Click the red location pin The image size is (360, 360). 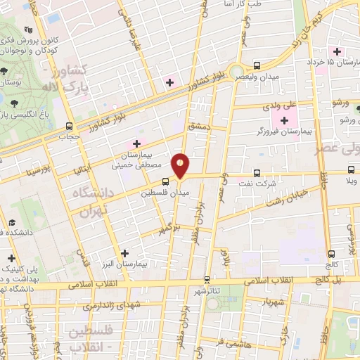point(181,165)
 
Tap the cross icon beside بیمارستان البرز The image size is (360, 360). point(125,253)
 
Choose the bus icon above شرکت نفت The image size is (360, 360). point(257,173)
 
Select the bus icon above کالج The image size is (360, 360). point(330,255)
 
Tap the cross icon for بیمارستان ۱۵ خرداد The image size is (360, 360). point(337,51)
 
